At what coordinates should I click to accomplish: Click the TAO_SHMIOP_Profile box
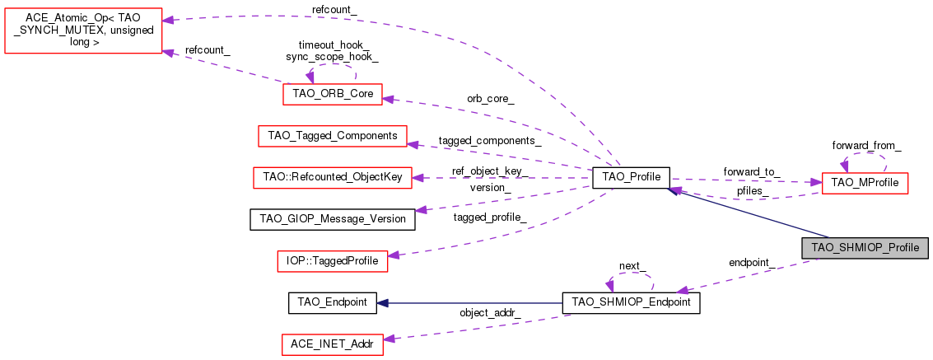click(x=865, y=247)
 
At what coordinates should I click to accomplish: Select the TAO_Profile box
click(x=631, y=177)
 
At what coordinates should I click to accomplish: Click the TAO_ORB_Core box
click(x=333, y=94)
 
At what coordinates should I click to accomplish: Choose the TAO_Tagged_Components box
click(x=333, y=135)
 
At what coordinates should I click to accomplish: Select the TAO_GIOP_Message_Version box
click(x=333, y=219)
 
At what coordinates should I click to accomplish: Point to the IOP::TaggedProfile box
click(x=333, y=261)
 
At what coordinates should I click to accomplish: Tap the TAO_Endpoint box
click(x=333, y=302)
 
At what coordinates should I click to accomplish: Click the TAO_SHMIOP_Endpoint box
click(x=631, y=302)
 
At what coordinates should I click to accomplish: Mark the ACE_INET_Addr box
click(x=333, y=344)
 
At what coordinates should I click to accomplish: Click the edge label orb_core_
click(x=491, y=99)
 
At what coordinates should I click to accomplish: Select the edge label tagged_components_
click(x=490, y=141)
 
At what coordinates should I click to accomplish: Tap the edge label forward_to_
click(x=751, y=171)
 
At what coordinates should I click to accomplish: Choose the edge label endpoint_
click(x=750, y=262)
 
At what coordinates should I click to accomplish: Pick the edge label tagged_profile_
click(x=490, y=217)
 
